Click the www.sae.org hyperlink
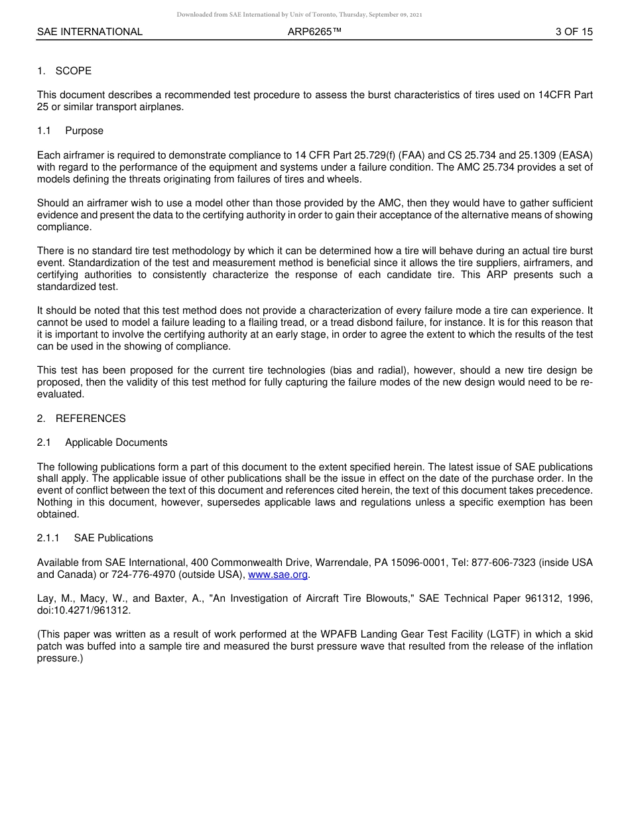coord(278,575)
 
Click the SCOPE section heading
coord(74,71)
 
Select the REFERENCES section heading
coord(90,419)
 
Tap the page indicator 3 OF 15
coord(574,32)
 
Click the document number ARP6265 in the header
coord(314,32)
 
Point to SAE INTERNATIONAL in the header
coord(90,32)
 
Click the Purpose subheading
coord(84,131)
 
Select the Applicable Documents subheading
coord(116,442)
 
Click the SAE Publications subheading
coord(113,538)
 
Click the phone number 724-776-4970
coord(137,575)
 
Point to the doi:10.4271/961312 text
coord(84,610)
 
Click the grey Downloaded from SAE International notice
coord(299,15)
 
